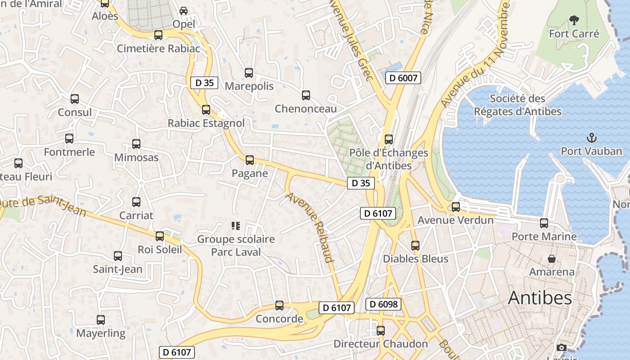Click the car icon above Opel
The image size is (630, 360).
[184, 10]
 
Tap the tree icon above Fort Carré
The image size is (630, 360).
[574, 20]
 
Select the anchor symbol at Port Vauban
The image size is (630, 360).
[591, 138]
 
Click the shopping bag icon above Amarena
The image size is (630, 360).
[551, 259]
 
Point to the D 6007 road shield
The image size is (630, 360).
[403, 78]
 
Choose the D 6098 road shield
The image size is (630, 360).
[383, 304]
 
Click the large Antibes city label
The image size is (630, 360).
[540, 298]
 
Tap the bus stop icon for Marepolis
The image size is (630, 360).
[249, 73]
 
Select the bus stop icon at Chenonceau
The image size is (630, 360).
[306, 95]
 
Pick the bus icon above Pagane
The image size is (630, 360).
[250, 160]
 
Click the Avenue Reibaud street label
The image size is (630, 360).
[310, 227]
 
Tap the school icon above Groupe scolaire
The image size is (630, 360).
[236, 225]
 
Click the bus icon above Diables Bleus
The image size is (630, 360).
[415, 246]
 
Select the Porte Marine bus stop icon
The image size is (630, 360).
[544, 223]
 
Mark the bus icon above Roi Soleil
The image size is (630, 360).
[160, 236]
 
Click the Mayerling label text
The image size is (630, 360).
[101, 333]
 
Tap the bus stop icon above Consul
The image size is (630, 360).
[75, 99]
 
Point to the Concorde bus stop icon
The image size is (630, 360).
[279, 306]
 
